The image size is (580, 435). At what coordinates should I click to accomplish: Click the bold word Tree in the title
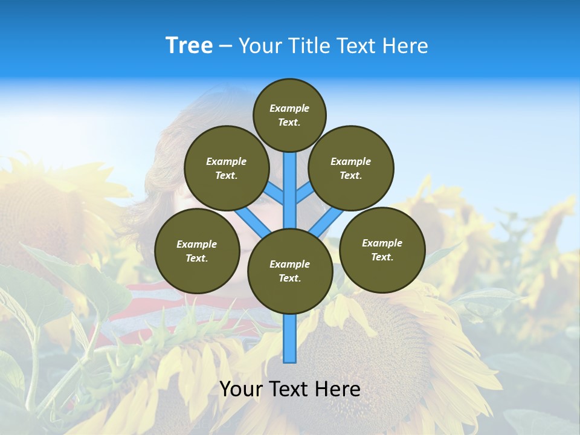189,46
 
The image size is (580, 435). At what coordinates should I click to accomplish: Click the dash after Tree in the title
225,47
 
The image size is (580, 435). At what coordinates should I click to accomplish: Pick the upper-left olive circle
227,168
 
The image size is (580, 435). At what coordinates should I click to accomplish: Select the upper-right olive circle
351,168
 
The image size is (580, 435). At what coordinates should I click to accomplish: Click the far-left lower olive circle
197,251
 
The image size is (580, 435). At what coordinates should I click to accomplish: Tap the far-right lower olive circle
382,250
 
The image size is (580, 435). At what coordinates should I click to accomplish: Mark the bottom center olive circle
290,271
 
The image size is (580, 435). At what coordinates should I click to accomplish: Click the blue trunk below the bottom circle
290,338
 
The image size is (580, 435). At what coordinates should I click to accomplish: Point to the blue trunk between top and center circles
290,187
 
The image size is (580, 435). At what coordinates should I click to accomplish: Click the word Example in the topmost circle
289,109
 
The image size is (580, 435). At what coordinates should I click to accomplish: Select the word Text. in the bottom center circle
289,279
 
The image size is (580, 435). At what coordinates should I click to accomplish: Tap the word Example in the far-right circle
382,243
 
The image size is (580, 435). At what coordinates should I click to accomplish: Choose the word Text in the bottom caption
289,389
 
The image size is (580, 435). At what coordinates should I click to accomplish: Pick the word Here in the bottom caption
339,389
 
